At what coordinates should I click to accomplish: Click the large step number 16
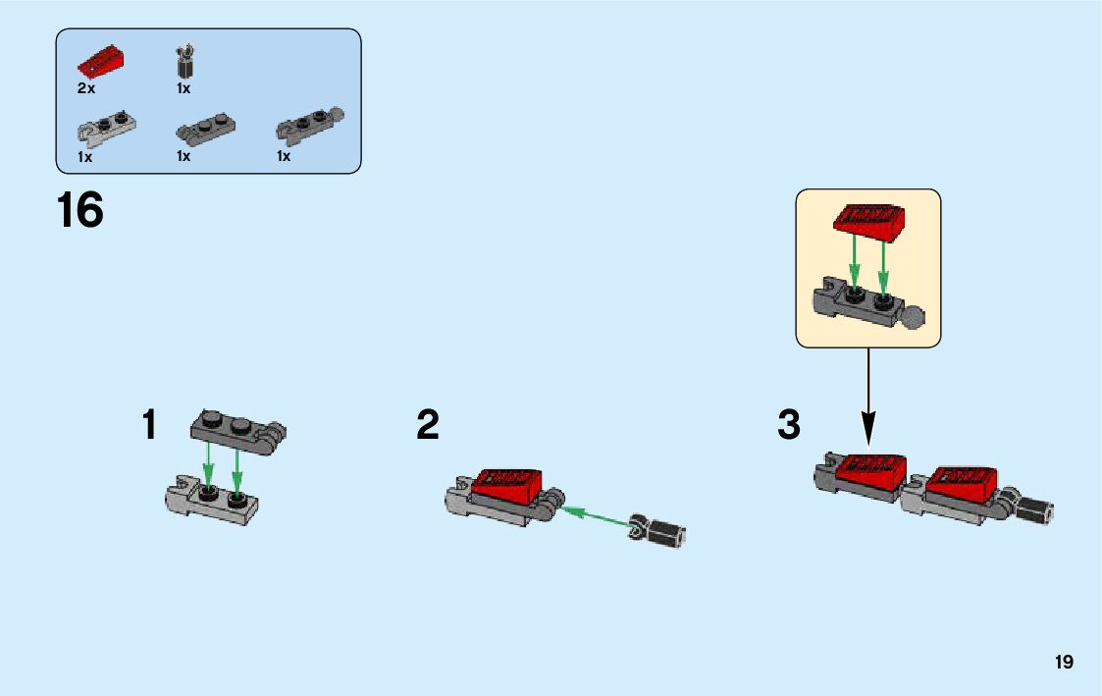click(x=80, y=211)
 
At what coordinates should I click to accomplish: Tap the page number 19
click(x=1064, y=663)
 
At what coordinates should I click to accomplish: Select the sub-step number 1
click(x=149, y=426)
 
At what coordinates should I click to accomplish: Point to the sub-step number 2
click(x=428, y=426)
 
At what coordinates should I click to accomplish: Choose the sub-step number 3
click(x=789, y=426)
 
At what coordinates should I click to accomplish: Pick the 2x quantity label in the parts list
click(x=86, y=88)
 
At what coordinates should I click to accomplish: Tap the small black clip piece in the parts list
click(x=183, y=62)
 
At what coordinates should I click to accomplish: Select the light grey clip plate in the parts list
click(x=105, y=127)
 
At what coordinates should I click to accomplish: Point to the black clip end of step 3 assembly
click(x=1033, y=509)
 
